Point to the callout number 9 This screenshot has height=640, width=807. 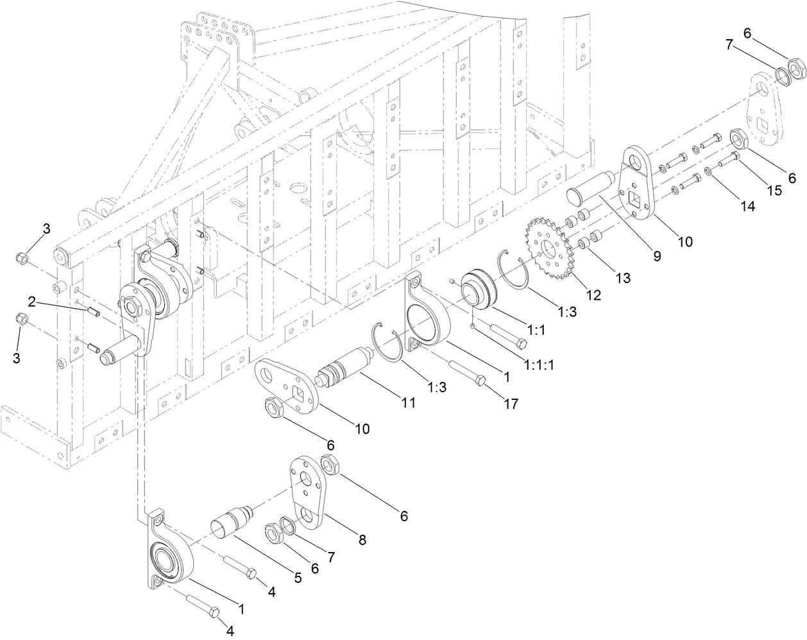pyautogui.click(x=657, y=255)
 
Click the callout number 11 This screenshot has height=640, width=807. pyautogui.click(x=407, y=403)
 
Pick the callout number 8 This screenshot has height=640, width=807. pyautogui.click(x=362, y=541)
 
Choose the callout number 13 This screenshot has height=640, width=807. pyautogui.click(x=622, y=278)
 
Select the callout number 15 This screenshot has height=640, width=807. pyautogui.click(x=775, y=191)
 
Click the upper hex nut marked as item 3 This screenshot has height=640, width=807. pyautogui.click(x=21, y=259)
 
